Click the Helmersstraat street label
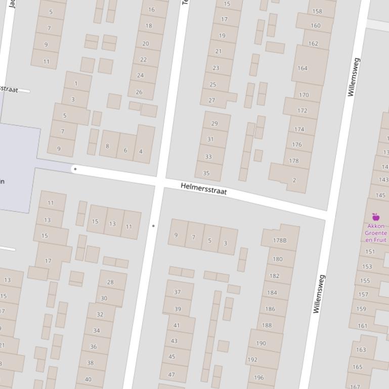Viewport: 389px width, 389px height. [204, 189]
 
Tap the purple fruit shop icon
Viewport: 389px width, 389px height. [375, 217]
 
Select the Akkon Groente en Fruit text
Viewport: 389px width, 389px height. [375, 233]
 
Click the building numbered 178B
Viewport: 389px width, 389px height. [279, 240]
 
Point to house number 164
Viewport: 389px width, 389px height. [302, 68]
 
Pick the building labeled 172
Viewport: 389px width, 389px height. [302, 110]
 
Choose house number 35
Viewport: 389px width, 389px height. [206, 173]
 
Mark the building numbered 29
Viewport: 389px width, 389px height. [214, 123]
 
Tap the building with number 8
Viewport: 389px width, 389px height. [107, 146]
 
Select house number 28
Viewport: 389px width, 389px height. [110, 282]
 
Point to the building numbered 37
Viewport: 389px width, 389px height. [178, 291]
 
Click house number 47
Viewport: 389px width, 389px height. [171, 374]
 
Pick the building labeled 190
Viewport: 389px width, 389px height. [261, 343]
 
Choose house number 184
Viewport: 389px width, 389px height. [272, 292]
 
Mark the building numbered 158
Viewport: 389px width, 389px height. [317, 11]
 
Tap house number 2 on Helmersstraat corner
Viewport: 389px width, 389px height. [294, 180]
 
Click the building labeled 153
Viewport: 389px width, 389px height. [367, 266]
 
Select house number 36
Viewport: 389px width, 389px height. [93, 347]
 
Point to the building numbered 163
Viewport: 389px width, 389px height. [361, 349]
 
